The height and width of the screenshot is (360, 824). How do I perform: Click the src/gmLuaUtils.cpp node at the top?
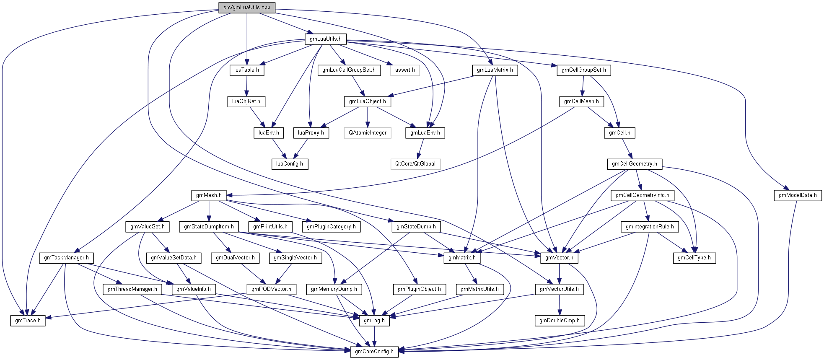(246, 8)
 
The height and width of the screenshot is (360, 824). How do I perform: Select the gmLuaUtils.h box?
(325, 39)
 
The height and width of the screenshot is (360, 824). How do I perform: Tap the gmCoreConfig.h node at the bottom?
(374, 352)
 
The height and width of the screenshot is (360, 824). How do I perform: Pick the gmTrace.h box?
(28, 321)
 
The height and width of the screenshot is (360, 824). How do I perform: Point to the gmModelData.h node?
(797, 195)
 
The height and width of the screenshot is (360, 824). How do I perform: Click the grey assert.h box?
(404, 70)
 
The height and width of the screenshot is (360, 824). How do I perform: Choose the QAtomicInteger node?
(368, 133)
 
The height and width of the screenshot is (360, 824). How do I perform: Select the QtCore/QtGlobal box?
(415, 164)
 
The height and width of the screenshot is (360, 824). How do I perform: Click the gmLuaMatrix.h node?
(495, 70)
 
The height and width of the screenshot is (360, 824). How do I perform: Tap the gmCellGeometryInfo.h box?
(642, 195)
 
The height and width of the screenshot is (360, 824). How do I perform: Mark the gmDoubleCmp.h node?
(559, 321)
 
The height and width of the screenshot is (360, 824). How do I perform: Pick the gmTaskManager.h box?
(66, 258)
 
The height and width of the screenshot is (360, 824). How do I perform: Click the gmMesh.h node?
(209, 195)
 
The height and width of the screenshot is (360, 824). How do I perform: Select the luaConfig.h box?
(289, 164)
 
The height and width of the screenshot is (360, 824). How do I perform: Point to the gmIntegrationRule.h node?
(650, 227)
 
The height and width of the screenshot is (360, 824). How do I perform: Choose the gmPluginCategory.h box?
(331, 227)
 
